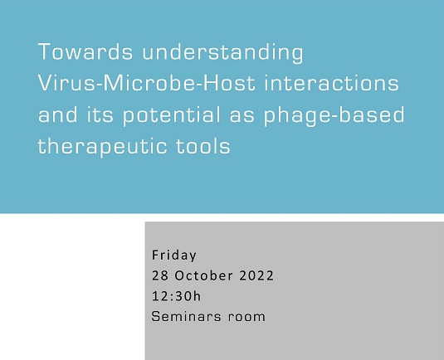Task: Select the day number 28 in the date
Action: coord(159,275)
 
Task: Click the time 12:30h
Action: coord(172,295)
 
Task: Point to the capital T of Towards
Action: coord(44,54)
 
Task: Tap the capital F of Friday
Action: coord(155,254)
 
